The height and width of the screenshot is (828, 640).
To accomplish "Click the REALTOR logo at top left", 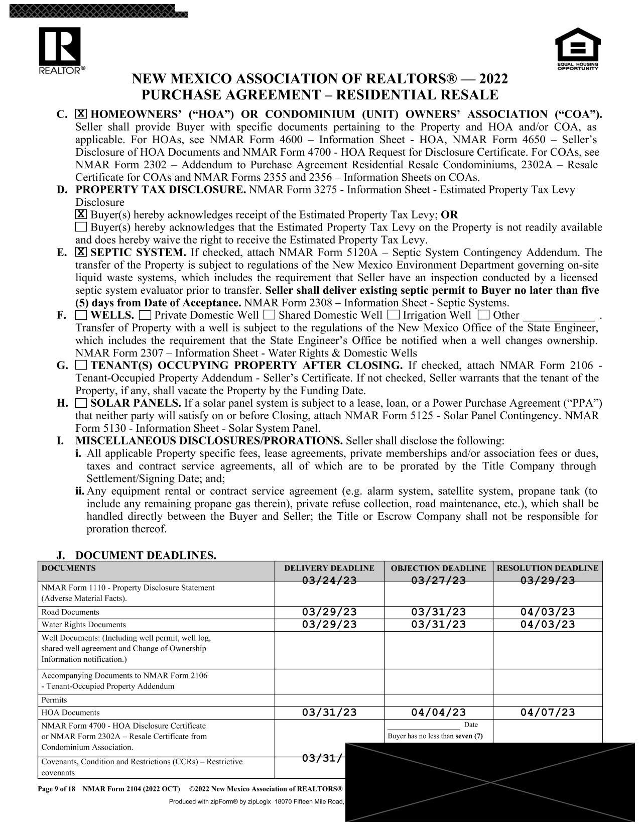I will click(59, 51).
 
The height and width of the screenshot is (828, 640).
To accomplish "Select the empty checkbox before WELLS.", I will click(81, 315).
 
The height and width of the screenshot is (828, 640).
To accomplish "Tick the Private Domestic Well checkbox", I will click(145, 315).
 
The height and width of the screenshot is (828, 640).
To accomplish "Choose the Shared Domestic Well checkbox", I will click(269, 315).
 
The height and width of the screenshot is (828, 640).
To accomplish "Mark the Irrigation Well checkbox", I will click(394, 315).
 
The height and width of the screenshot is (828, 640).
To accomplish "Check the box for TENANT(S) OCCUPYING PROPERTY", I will click(81, 365).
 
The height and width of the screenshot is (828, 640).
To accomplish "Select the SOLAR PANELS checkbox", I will click(81, 403).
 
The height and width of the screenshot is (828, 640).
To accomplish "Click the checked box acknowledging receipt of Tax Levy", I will click(81, 215).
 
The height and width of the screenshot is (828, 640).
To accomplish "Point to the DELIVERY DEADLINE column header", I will click(329, 568).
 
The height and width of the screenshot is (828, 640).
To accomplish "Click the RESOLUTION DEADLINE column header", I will click(547, 568).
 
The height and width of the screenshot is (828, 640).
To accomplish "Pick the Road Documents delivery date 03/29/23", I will click(329, 612).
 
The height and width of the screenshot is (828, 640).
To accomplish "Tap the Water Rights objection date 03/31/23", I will click(438, 625).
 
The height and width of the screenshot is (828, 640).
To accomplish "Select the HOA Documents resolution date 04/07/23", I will click(547, 713).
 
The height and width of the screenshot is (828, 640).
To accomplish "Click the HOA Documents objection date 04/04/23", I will click(438, 713).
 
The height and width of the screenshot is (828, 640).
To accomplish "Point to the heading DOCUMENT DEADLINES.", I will click(146, 555).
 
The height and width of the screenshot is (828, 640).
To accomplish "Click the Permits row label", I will click(54, 700).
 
